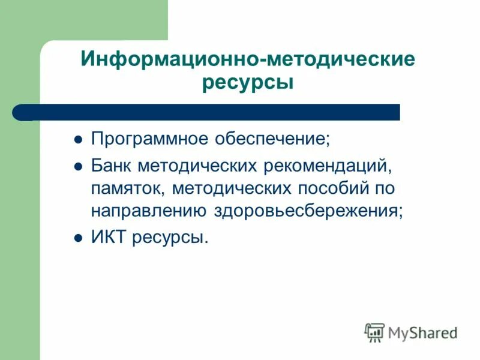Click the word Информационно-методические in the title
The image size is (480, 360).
click(x=248, y=59)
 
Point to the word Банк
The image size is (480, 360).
click(x=112, y=164)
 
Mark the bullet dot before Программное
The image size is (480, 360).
click(x=77, y=141)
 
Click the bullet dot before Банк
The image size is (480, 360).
click(x=77, y=166)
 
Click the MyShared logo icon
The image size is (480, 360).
click(x=374, y=332)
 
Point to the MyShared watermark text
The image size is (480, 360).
click(x=423, y=332)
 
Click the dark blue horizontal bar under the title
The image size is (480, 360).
click(x=210, y=112)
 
